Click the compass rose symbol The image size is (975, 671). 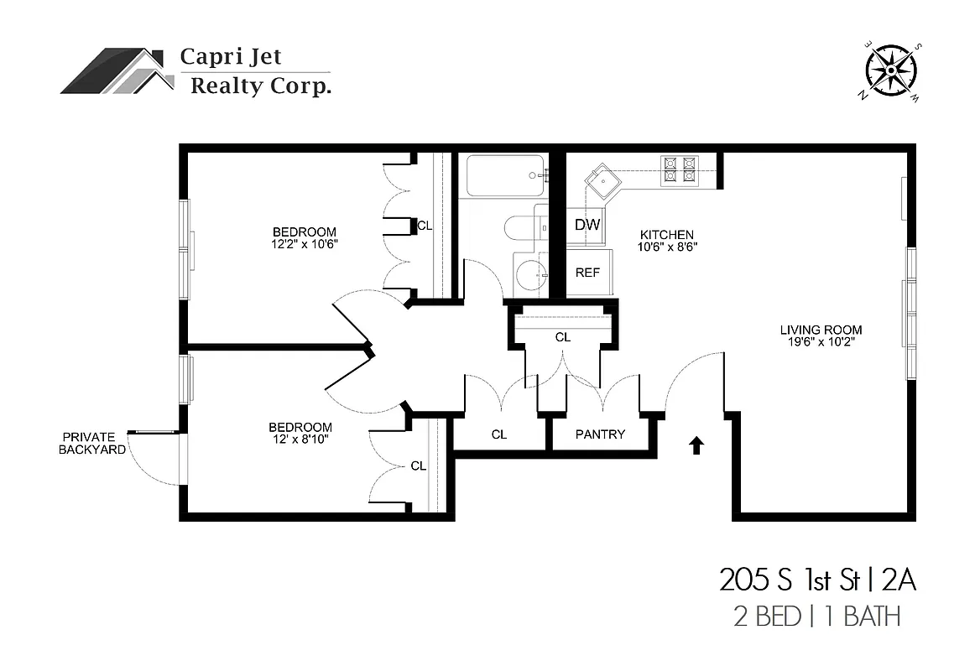(891, 70)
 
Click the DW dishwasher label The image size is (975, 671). (587, 225)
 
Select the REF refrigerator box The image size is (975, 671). (587, 273)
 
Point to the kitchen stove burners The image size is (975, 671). (680, 170)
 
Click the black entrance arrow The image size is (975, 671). (696, 445)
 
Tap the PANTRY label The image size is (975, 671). (600, 434)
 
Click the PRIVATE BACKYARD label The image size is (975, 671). (92, 443)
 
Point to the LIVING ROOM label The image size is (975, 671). (821, 330)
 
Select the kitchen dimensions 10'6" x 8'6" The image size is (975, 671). (668, 247)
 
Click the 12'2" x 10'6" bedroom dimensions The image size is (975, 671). (304, 244)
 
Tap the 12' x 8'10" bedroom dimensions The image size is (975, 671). (300, 439)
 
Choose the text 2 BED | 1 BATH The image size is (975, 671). (816, 617)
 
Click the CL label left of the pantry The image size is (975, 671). (499, 434)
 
